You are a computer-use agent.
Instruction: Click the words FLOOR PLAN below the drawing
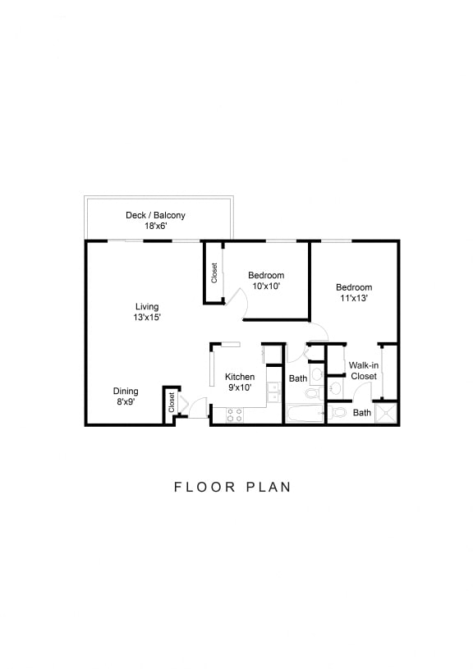232,487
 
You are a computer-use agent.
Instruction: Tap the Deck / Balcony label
155,215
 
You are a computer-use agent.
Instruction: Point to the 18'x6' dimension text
155,227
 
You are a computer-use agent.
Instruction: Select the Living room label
147,306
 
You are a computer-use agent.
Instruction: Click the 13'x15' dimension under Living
147,317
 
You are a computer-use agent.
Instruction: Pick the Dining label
126,391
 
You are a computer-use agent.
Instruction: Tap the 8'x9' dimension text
125,402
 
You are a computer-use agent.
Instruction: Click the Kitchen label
240,377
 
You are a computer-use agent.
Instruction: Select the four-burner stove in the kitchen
235,415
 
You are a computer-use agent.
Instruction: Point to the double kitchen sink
273,394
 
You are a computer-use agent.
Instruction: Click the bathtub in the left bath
305,412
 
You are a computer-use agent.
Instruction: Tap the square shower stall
386,413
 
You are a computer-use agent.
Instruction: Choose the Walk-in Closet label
363,370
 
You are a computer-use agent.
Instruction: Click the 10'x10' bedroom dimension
266,286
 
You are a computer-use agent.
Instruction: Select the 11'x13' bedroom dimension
353,298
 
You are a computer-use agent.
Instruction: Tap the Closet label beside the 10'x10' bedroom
214,273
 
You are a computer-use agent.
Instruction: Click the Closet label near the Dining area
172,402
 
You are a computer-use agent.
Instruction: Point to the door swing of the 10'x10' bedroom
236,297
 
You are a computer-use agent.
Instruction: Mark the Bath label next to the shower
362,413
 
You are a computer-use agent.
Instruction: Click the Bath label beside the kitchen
297,378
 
